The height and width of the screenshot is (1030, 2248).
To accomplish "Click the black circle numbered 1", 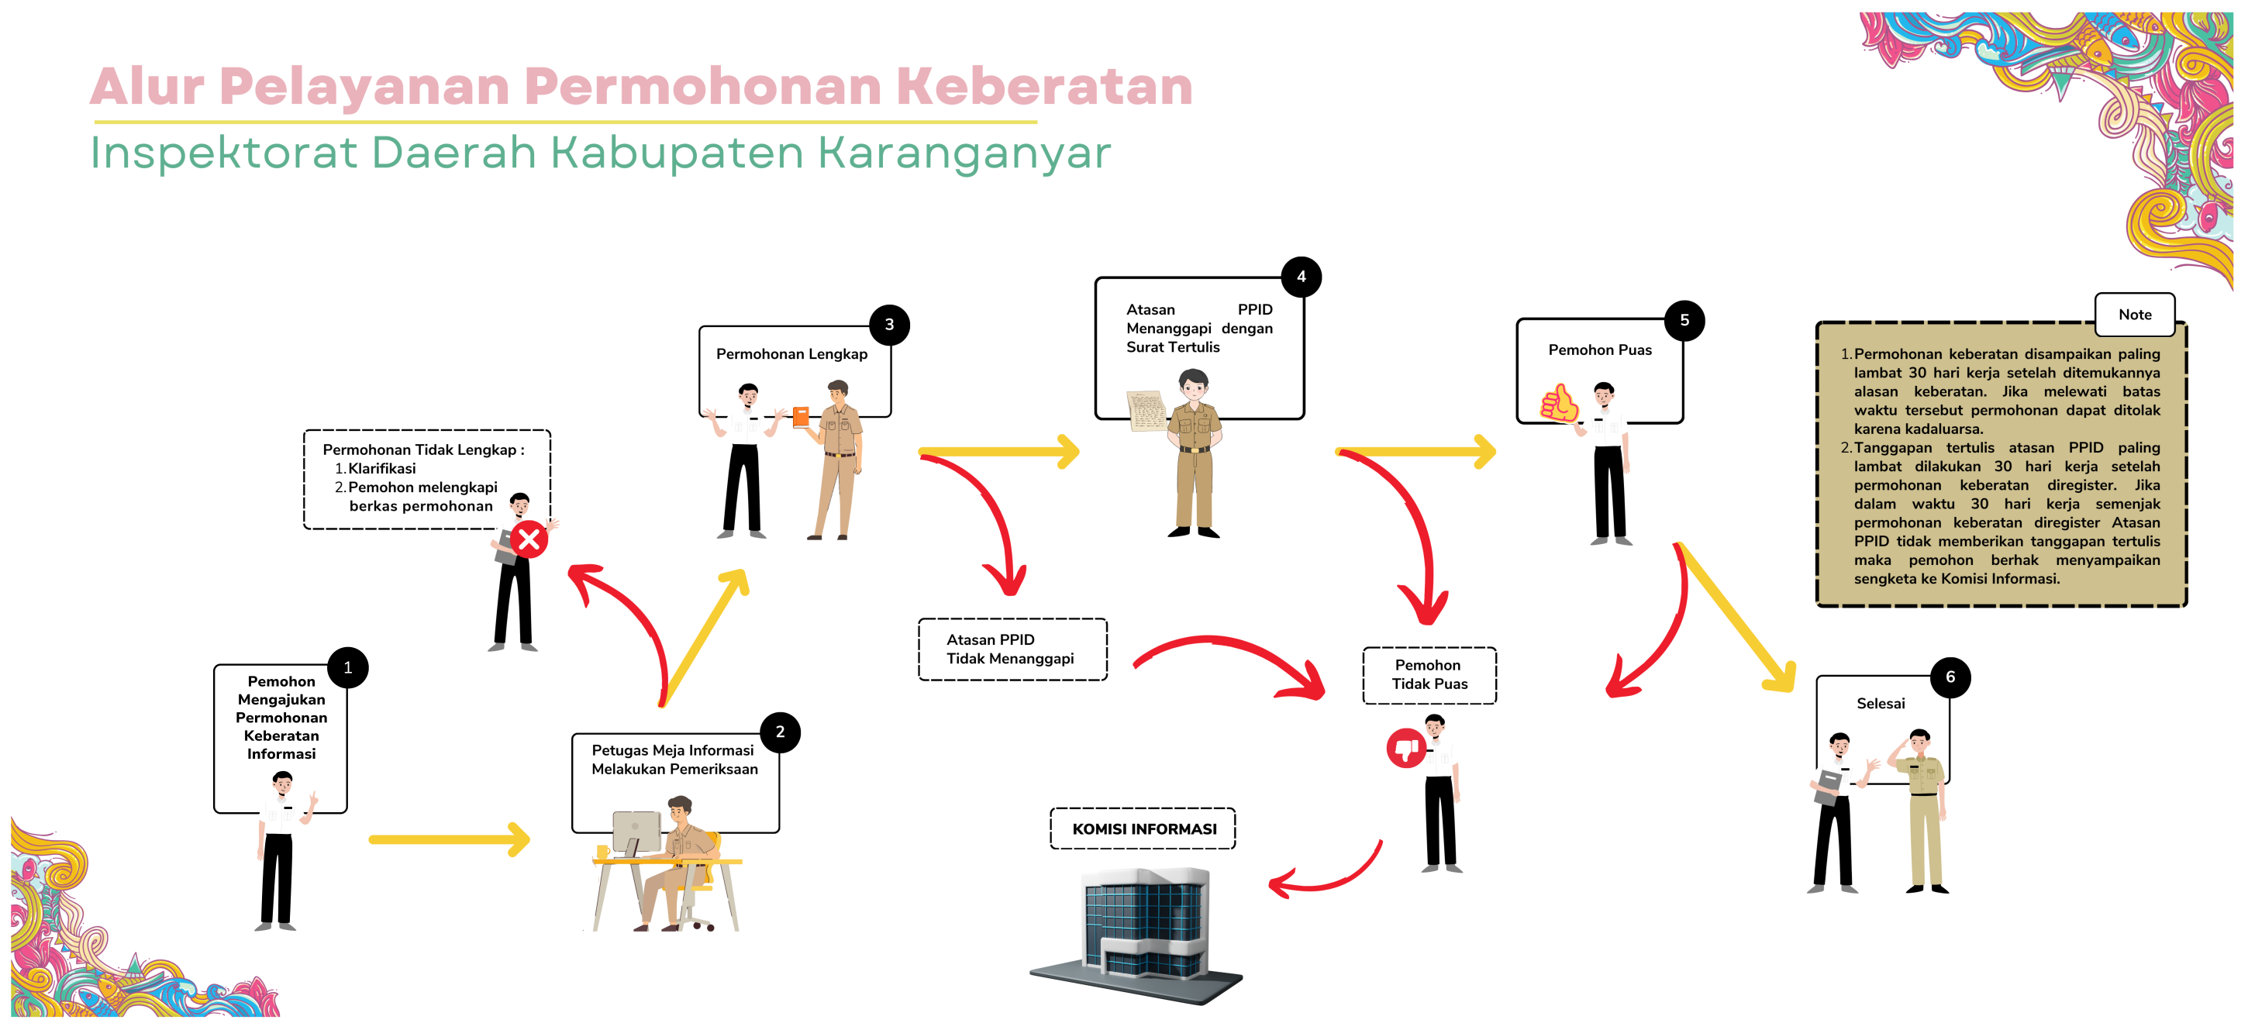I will coord(347,668).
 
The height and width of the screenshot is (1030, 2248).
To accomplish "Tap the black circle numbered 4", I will coord(1300,277).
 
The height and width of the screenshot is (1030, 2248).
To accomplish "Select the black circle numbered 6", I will coord(1950,677).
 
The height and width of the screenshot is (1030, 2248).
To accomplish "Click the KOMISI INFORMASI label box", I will coord(1143,828).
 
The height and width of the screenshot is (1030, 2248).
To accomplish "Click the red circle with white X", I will coord(529,540).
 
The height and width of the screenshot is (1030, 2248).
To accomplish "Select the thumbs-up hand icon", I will coord(1559,404).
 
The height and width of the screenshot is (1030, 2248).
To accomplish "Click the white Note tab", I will coord(2134,315).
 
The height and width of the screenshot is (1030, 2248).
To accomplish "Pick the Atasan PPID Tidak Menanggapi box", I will coord(1012,649).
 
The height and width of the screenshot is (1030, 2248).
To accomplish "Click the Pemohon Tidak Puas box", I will coord(1429,675).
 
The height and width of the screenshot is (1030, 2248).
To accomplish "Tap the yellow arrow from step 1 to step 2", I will coord(449,840).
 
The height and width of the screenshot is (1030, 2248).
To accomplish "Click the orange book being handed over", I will coord(801,417).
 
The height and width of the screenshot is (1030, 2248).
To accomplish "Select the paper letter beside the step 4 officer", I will coord(1146,411).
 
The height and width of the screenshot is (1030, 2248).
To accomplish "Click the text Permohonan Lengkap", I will coord(791,354).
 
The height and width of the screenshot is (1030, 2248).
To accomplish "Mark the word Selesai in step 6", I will coord(1880,704).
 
